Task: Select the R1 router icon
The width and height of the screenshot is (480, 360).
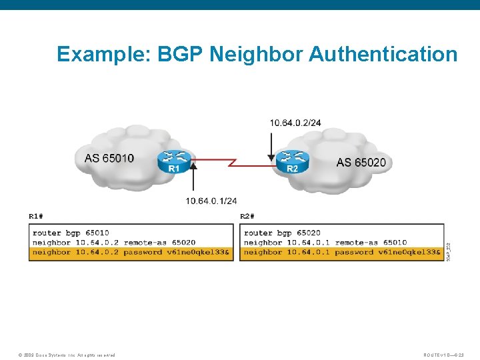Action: coord(174,161)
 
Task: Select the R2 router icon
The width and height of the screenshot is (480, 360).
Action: coord(293,161)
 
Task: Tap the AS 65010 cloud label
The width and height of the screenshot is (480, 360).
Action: coord(109,158)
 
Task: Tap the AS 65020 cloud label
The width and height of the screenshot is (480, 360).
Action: coord(361,162)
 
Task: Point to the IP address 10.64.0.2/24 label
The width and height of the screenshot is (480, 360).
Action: coord(295,123)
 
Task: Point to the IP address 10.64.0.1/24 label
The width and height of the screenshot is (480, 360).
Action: coord(211,201)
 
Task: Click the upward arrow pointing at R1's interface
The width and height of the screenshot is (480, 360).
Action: coord(193,179)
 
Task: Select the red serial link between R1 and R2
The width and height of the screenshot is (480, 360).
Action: coord(233,161)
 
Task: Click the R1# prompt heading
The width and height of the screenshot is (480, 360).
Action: coord(36,216)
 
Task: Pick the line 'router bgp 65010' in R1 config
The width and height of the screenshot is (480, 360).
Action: coord(71,233)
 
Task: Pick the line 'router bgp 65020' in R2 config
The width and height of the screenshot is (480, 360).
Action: coord(282,233)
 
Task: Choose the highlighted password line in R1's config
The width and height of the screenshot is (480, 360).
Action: coord(131,252)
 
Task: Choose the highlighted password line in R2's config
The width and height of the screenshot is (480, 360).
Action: coord(342,252)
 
